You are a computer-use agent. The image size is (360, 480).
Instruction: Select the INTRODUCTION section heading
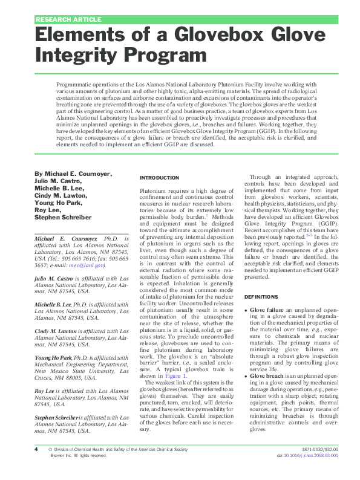point(159,178)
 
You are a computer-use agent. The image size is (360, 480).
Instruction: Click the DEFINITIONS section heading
point(261,297)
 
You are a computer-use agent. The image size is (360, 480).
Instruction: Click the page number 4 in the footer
point(36,467)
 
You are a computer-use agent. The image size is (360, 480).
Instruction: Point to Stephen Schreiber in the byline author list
point(63,217)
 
